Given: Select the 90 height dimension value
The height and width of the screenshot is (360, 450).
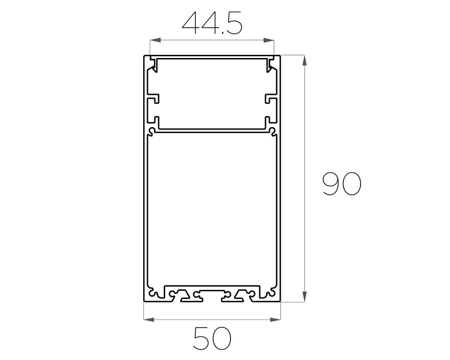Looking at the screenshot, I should click(342, 184).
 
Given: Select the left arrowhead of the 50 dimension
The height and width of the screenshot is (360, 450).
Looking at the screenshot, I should click(149, 319).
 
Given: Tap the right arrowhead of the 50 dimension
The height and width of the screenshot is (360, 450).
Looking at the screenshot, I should click(275, 319).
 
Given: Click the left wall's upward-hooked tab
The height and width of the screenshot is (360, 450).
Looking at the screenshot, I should click(155, 121).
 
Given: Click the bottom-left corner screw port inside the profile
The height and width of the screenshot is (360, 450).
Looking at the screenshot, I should click(154, 295).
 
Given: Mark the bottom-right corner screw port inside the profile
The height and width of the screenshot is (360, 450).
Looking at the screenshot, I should click(270, 295).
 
